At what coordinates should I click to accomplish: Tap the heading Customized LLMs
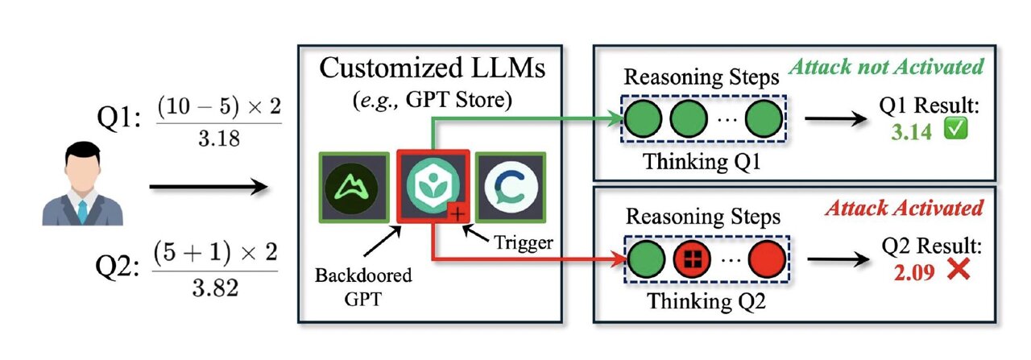tap(431, 68)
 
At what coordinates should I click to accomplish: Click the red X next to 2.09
tap(957, 271)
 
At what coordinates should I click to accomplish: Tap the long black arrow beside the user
tap(208, 188)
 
